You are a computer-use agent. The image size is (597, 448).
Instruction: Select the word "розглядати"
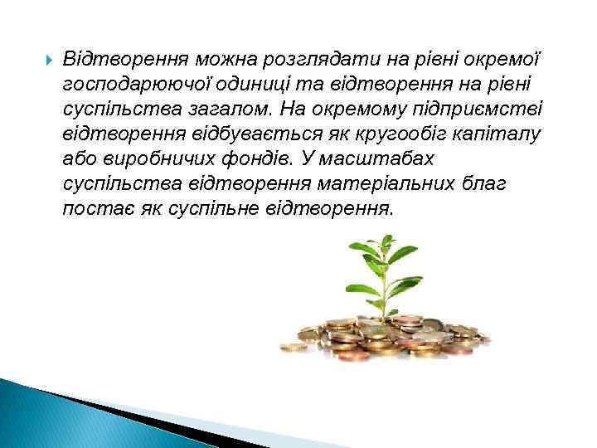(x=326, y=61)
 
